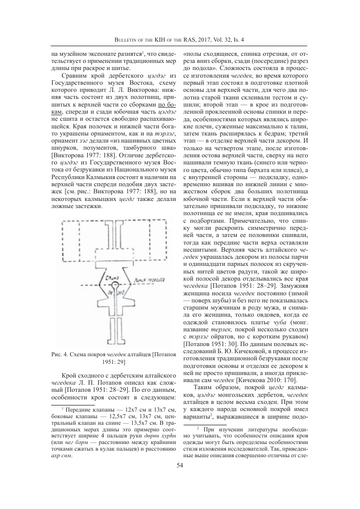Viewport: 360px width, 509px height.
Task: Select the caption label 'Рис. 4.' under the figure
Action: (60, 354)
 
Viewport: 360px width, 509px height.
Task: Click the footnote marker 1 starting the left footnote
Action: (61, 422)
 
